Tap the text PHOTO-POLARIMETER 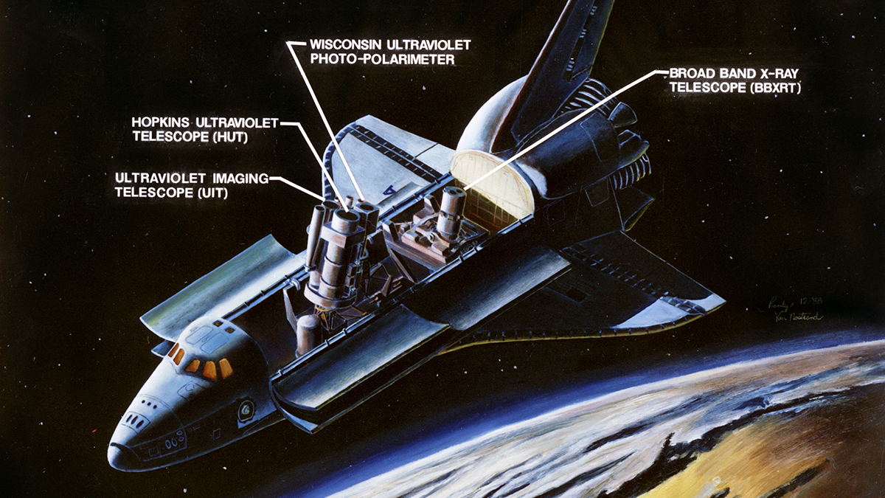click(382, 60)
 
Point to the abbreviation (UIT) click(209, 193)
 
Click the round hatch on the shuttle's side click(245, 407)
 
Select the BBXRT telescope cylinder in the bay click(451, 211)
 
